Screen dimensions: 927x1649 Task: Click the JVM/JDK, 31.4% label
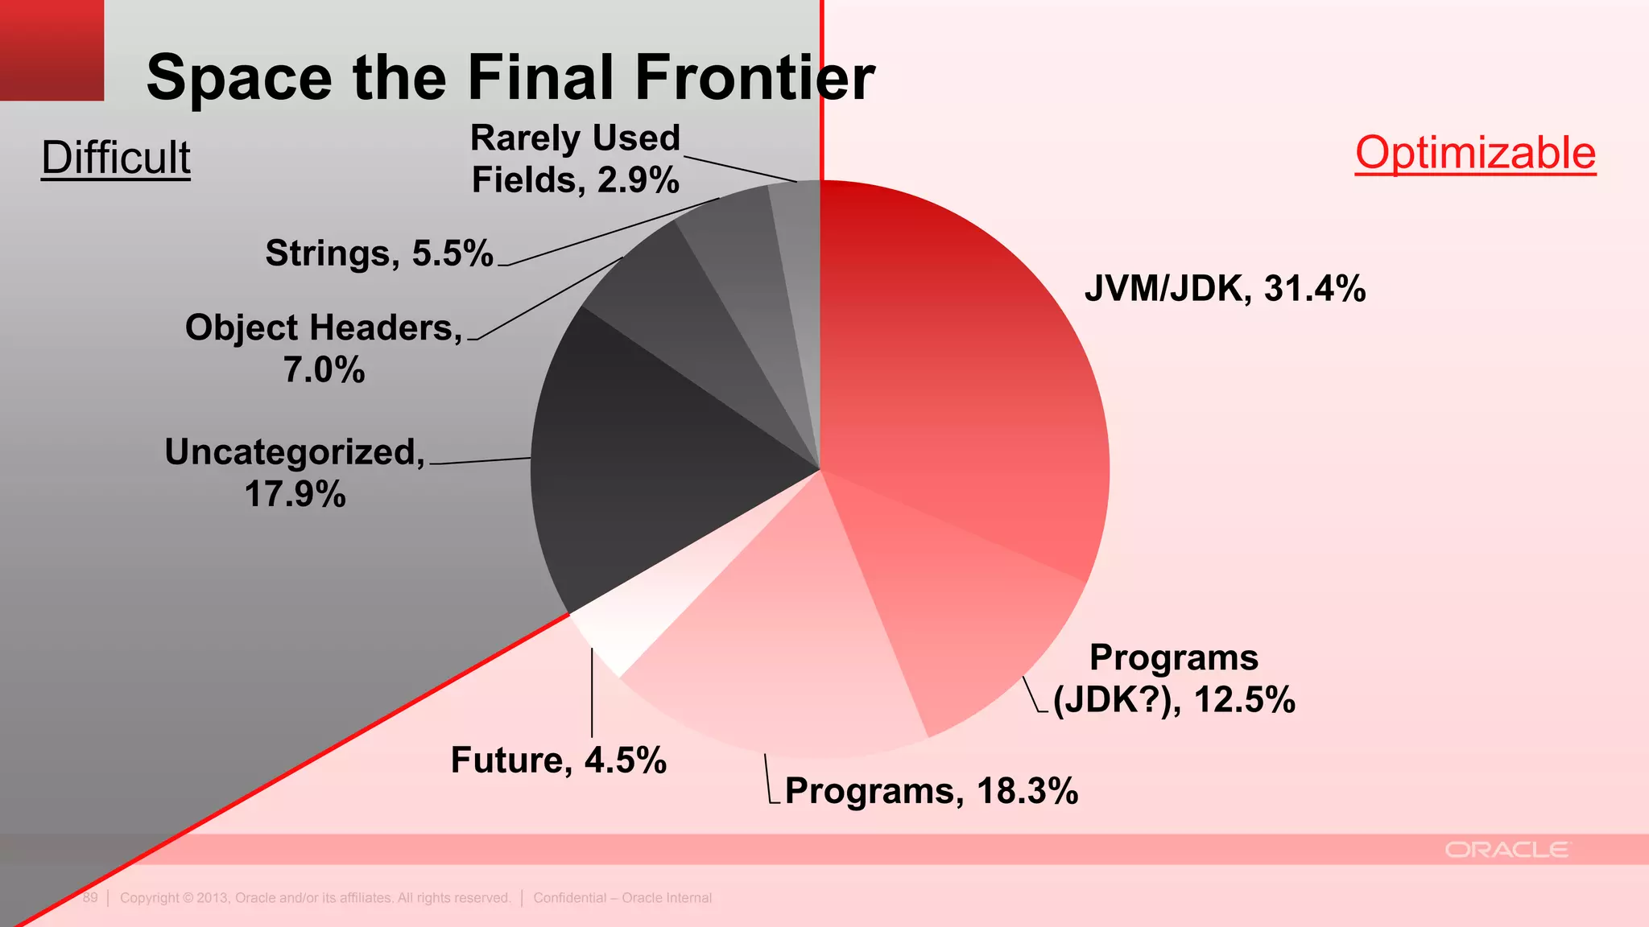(x=1225, y=288)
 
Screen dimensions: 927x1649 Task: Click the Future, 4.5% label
(x=558, y=760)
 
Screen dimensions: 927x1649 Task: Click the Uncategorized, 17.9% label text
(x=295, y=472)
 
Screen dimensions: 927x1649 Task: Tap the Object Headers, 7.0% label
(x=324, y=348)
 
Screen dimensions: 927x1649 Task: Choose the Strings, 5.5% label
(x=378, y=253)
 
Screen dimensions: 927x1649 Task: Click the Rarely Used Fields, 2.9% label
(x=575, y=159)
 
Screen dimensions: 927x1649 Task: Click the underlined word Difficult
(x=116, y=157)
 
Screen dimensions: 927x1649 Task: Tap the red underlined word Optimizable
(x=1475, y=153)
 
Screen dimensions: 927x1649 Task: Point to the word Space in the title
(x=239, y=77)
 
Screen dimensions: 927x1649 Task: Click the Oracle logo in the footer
(x=1506, y=850)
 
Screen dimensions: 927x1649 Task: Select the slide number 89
(x=90, y=897)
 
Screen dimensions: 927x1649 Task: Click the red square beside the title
(x=52, y=50)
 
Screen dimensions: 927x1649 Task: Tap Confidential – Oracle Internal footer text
(x=622, y=897)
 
